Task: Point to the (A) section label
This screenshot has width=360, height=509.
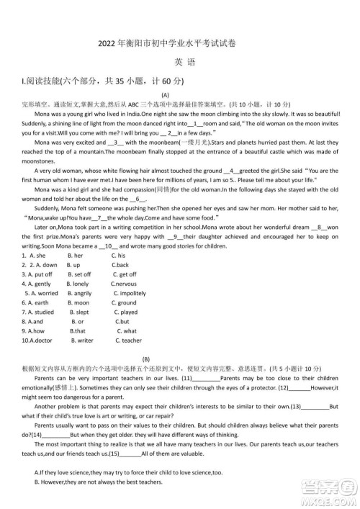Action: [165, 95]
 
